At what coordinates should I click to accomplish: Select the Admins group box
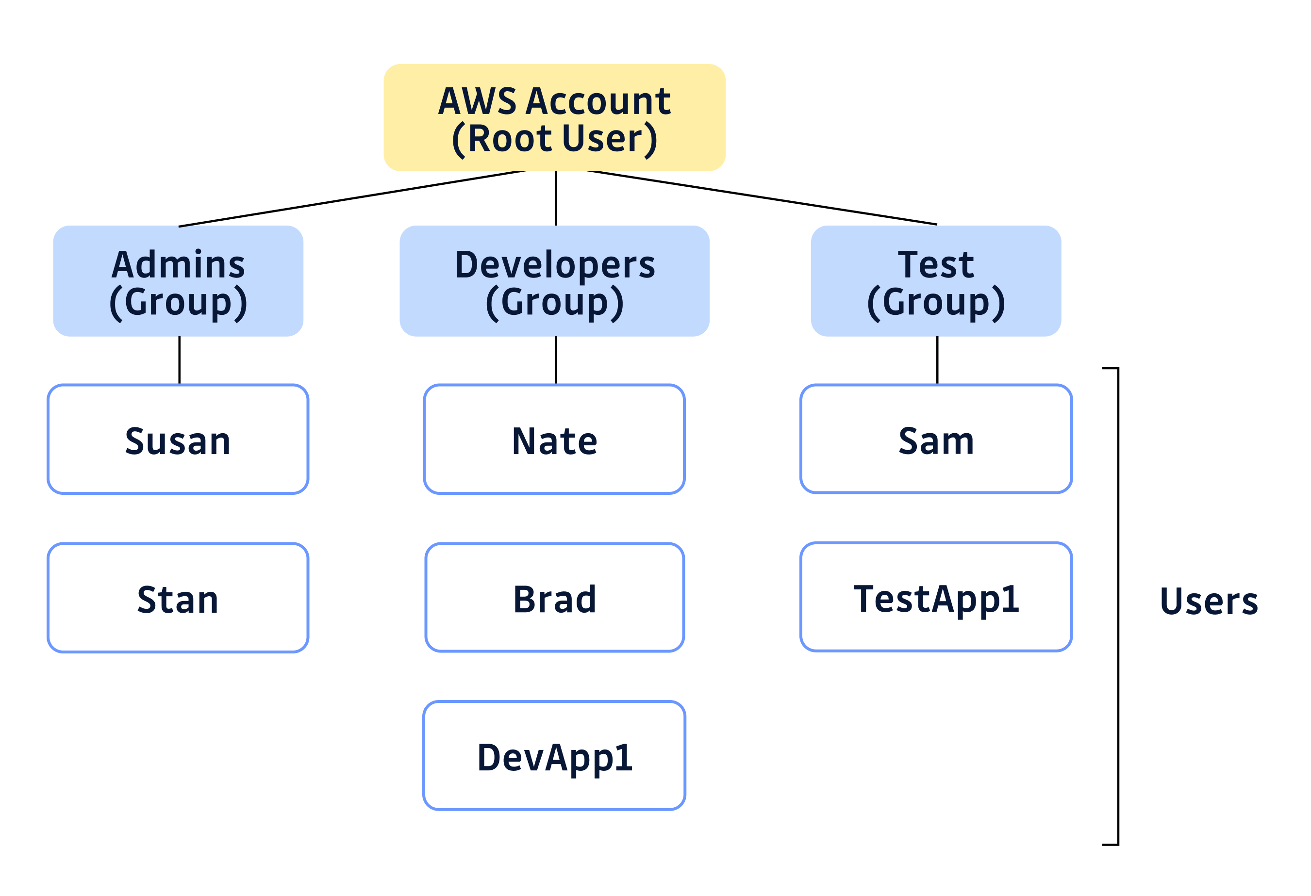pyautogui.click(x=178, y=281)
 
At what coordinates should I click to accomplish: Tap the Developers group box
pyautogui.click(x=554, y=281)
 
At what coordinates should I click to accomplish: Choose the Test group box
pyautogui.click(x=936, y=281)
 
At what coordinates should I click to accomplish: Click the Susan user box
pyautogui.click(x=178, y=439)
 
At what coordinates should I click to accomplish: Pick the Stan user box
pyautogui.click(x=178, y=598)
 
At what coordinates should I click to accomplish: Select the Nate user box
pyautogui.click(x=554, y=439)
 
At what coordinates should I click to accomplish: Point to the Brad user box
pyautogui.click(x=554, y=598)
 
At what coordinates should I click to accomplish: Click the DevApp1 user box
pyautogui.click(x=554, y=756)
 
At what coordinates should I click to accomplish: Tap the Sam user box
pyautogui.click(x=936, y=439)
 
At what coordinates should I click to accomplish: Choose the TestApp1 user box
pyautogui.click(x=936, y=597)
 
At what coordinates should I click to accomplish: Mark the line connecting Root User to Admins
pyautogui.click(x=352, y=198)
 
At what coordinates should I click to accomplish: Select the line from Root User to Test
pyautogui.click(x=762, y=197)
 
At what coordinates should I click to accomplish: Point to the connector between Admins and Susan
pyautogui.click(x=180, y=360)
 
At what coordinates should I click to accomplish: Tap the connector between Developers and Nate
pyautogui.click(x=556, y=360)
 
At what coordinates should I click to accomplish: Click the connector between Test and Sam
pyautogui.click(x=938, y=360)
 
